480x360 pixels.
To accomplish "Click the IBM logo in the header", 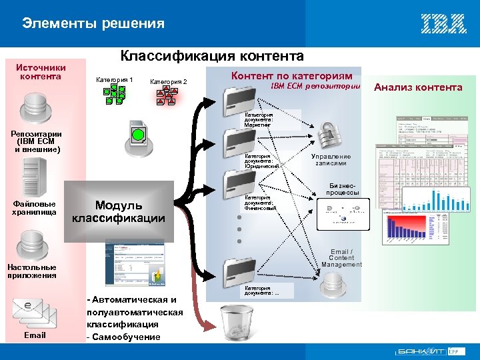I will pos(443,23).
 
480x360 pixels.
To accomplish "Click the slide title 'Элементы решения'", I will pos(93,24).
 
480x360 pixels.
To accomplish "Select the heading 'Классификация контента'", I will pos(211,56).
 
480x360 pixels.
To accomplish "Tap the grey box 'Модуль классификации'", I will pos(118,211).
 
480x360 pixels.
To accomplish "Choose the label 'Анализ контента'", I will pos(418,87).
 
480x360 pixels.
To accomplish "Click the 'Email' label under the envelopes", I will pos(35,335).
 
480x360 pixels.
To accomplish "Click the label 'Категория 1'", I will pos(115,80).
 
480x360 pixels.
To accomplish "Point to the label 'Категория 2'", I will pos(169,82).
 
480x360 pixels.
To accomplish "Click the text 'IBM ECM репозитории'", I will pos(315,87).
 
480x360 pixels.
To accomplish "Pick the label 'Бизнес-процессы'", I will pos(343,189).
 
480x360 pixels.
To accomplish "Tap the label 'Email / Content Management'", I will pos(341,258).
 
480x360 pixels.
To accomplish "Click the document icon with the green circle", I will pos(137,133).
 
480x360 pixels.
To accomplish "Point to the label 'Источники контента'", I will pos(41,71).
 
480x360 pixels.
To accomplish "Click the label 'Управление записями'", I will pos(331,160).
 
